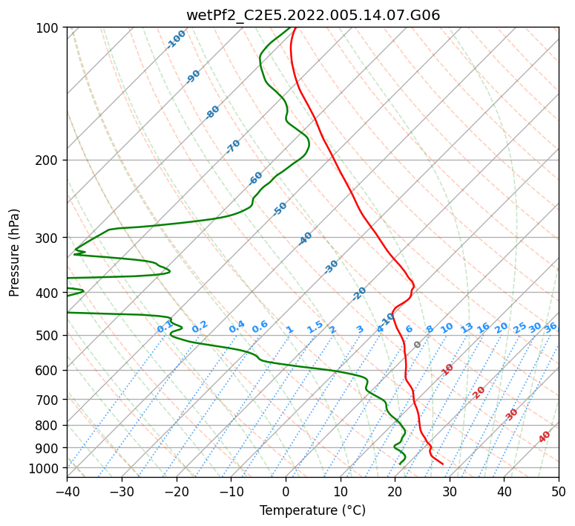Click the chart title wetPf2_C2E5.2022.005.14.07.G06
[x=313, y=16]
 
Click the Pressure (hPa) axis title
[x=14, y=253]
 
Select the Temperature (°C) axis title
[x=312, y=510]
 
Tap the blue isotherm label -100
[x=176, y=39]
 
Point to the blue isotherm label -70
[x=233, y=146]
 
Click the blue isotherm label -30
[x=331, y=267]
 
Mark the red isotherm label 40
[x=544, y=437]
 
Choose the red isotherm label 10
[x=447, y=369]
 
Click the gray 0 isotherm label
[x=417, y=345]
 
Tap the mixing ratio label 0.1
[x=165, y=327]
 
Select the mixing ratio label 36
[x=551, y=328]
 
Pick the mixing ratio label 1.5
[x=315, y=327]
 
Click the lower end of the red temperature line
[x=443, y=464]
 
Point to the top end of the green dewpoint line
[x=290, y=27]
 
